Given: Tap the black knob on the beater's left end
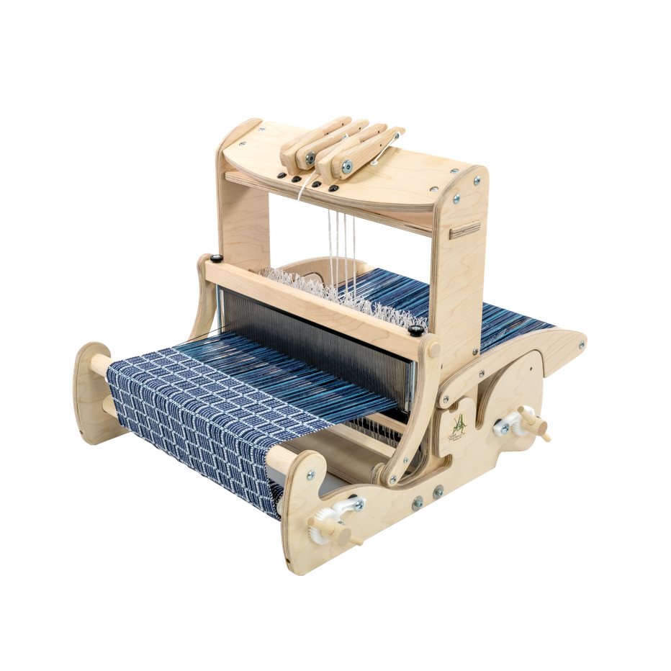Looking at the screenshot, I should click(x=216, y=258).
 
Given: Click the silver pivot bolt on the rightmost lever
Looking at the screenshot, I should click(x=347, y=165).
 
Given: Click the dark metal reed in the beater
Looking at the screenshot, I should click(x=317, y=338).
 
